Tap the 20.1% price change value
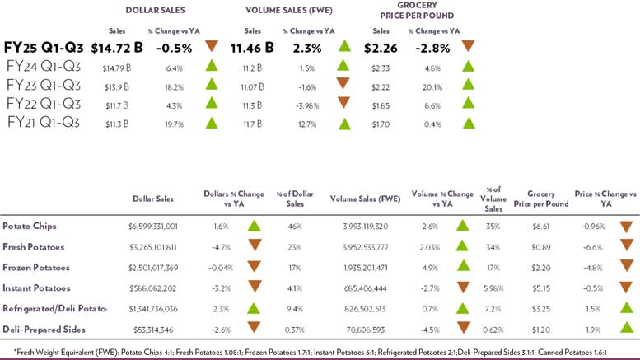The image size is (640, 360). tap(435, 84)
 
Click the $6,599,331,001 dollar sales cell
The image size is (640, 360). tap(155, 225)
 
